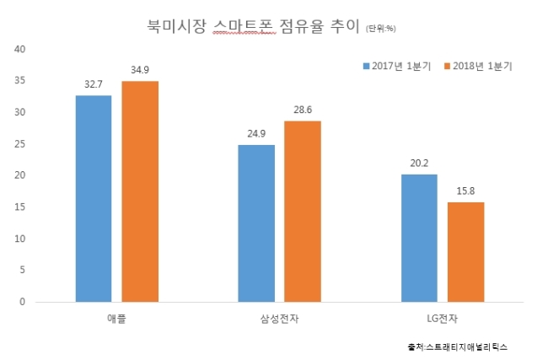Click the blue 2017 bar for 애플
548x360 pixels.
94,198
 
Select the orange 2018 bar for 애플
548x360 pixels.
140,191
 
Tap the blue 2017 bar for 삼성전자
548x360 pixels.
256,223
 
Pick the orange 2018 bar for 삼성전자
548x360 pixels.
303,212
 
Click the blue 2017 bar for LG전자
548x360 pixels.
419,238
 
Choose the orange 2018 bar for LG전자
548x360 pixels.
466,252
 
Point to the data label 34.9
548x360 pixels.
140,70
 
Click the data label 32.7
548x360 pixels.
94,84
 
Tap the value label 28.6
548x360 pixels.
303,110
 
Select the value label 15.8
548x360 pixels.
465,191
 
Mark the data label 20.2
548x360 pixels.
419,164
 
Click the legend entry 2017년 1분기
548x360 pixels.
397,66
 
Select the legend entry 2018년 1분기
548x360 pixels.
478,66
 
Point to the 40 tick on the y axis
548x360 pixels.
20,49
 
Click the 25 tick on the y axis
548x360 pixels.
20,144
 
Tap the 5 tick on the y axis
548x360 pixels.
23,270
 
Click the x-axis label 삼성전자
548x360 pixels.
280,319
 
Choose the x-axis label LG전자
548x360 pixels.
442,319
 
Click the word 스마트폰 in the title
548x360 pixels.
244,26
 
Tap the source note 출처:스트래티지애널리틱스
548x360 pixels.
458,347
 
